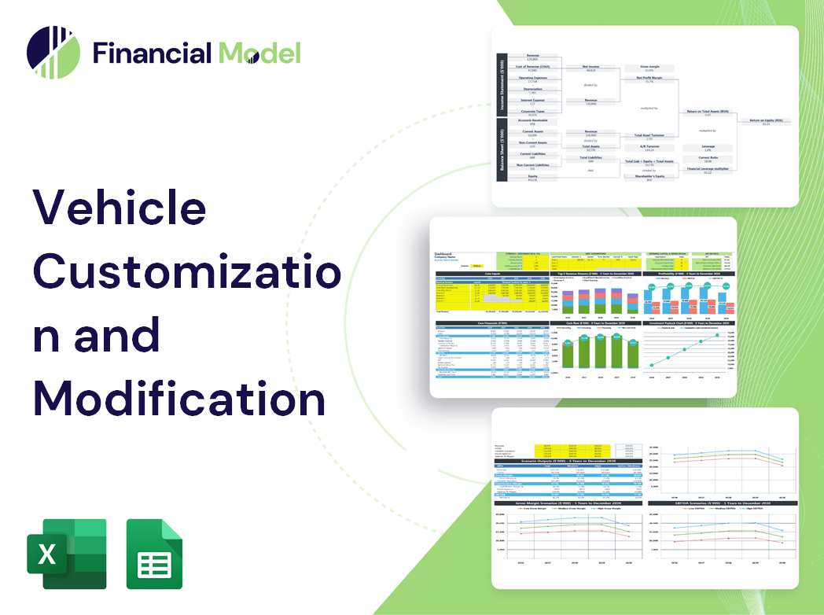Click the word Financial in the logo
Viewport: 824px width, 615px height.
click(151, 53)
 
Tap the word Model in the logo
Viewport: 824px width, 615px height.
click(259, 53)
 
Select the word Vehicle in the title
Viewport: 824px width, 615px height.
click(119, 208)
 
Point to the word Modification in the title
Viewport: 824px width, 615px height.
click(179, 397)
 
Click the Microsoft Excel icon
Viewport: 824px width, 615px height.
click(66, 554)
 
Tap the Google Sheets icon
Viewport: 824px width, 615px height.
click(154, 554)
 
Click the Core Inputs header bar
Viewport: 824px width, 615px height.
click(491, 274)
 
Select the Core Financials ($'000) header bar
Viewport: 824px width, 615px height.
click(491, 322)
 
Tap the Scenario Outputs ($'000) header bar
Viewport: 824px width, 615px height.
click(567, 462)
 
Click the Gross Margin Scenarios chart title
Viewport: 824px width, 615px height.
click(567, 502)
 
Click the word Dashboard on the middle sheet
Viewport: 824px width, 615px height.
click(444, 255)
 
